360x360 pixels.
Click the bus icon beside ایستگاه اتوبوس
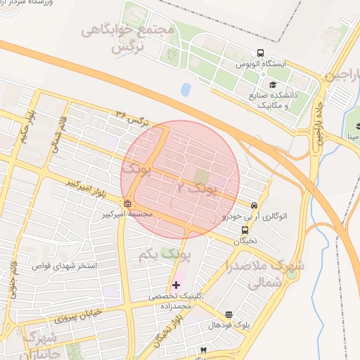(260, 53)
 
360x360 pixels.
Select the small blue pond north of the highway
(186, 90)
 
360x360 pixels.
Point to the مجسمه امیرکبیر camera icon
(127, 205)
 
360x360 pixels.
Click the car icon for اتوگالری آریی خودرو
(253, 205)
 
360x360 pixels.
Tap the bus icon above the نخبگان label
(245, 229)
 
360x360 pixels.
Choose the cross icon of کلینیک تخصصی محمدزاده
(175, 285)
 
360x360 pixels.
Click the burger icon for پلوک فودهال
(229, 314)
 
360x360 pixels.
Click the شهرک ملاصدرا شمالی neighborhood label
(265, 273)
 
